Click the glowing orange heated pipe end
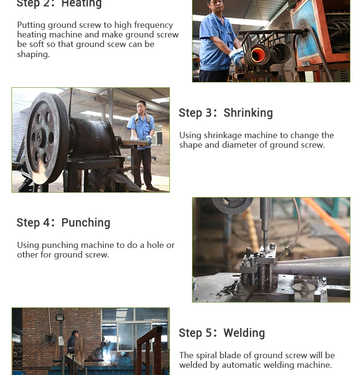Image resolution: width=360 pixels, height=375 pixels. pyautogui.click(x=258, y=55)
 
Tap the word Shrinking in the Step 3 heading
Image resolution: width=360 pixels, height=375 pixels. pyautogui.click(x=248, y=113)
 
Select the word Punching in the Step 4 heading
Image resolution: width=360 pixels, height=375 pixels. pyautogui.click(x=86, y=223)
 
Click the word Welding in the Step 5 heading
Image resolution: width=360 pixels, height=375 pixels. pyautogui.click(x=244, y=333)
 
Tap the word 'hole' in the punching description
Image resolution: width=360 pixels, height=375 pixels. pyautogui.click(x=155, y=245)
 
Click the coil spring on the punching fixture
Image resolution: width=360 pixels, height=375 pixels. pyautogui.click(x=244, y=279)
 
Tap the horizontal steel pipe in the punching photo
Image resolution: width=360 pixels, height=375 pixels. pyautogui.click(x=311, y=267)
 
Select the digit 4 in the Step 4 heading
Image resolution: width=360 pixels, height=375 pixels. pyautogui.click(x=46, y=223)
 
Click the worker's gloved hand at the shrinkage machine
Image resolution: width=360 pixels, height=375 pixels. pyautogui.click(x=148, y=141)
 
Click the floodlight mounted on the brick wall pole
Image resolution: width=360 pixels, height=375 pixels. pyautogui.click(x=60, y=317)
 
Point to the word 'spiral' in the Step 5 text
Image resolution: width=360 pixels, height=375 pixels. pyautogui.click(x=206, y=356)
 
